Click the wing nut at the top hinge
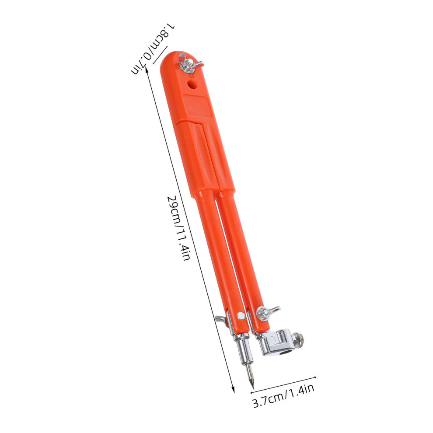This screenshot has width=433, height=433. [x=190, y=63]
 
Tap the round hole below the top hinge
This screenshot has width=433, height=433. [x=192, y=84]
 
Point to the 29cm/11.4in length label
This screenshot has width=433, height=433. [x=179, y=228]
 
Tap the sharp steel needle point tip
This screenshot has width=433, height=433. [x=252, y=386]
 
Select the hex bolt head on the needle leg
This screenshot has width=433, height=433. [x=241, y=317]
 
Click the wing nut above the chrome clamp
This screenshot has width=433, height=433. [x=265, y=313]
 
